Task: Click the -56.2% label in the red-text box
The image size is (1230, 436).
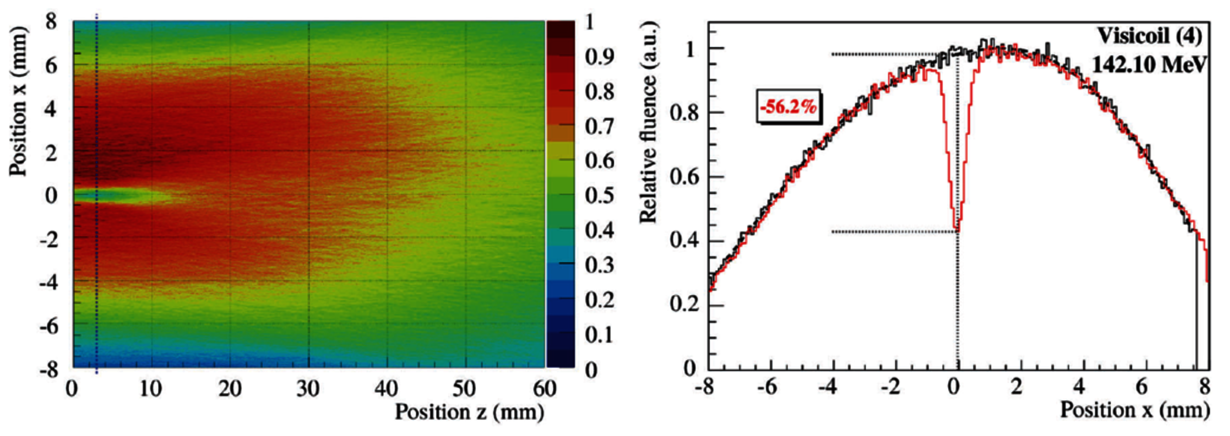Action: coord(788,106)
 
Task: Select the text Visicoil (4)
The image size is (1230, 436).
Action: coord(1150,36)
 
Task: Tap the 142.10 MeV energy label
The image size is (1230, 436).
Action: coord(1149,64)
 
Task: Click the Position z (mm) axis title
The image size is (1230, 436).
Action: coord(469,412)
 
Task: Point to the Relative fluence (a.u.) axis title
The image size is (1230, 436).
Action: coord(649,122)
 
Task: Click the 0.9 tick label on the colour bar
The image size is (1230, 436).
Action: coord(599,57)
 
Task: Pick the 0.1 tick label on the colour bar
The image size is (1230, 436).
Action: coord(599,335)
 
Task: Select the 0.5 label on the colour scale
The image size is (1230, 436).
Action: coord(599,196)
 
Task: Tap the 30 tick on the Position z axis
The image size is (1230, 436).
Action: coord(308,388)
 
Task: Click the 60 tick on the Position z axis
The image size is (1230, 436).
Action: coord(544,388)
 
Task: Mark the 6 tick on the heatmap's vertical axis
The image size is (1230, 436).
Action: coord(51,65)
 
